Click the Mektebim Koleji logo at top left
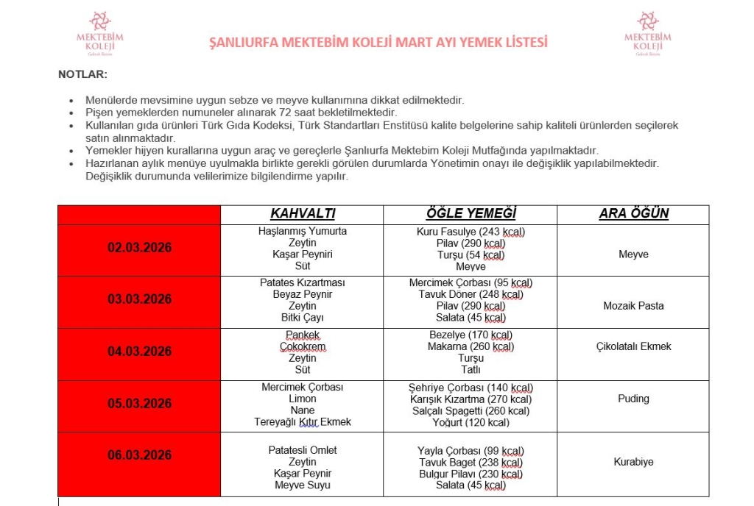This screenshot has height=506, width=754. tap(99, 34)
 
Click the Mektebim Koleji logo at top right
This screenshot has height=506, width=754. tap(647, 34)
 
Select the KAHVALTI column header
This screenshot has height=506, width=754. tap(303, 214)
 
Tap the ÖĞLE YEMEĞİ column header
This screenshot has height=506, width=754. tap(471, 214)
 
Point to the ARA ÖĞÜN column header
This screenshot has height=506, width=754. tap(633, 214)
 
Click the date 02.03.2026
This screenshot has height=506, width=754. tap(139, 248)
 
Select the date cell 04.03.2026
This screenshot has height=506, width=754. tap(139, 352)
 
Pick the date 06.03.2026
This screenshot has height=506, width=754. tap(139, 455)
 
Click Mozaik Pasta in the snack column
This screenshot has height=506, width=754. tap(633, 306)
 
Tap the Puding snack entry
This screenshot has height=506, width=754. tap(633, 399)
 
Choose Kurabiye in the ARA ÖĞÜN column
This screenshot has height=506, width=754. tap(633, 462)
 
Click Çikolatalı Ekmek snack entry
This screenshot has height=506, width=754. tap(633, 346)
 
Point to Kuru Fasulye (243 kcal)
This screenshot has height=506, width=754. tap(471, 231)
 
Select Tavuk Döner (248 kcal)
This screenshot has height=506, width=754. tap(471, 294)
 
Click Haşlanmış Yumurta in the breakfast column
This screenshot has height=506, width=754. tap(303, 231)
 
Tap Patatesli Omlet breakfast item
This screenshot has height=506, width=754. tap(303, 450)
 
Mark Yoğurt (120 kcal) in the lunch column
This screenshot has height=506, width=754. tap(471, 422)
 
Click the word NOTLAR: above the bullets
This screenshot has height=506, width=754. tap(83, 74)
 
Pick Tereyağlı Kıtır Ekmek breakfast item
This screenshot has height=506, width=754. tap(303, 422)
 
